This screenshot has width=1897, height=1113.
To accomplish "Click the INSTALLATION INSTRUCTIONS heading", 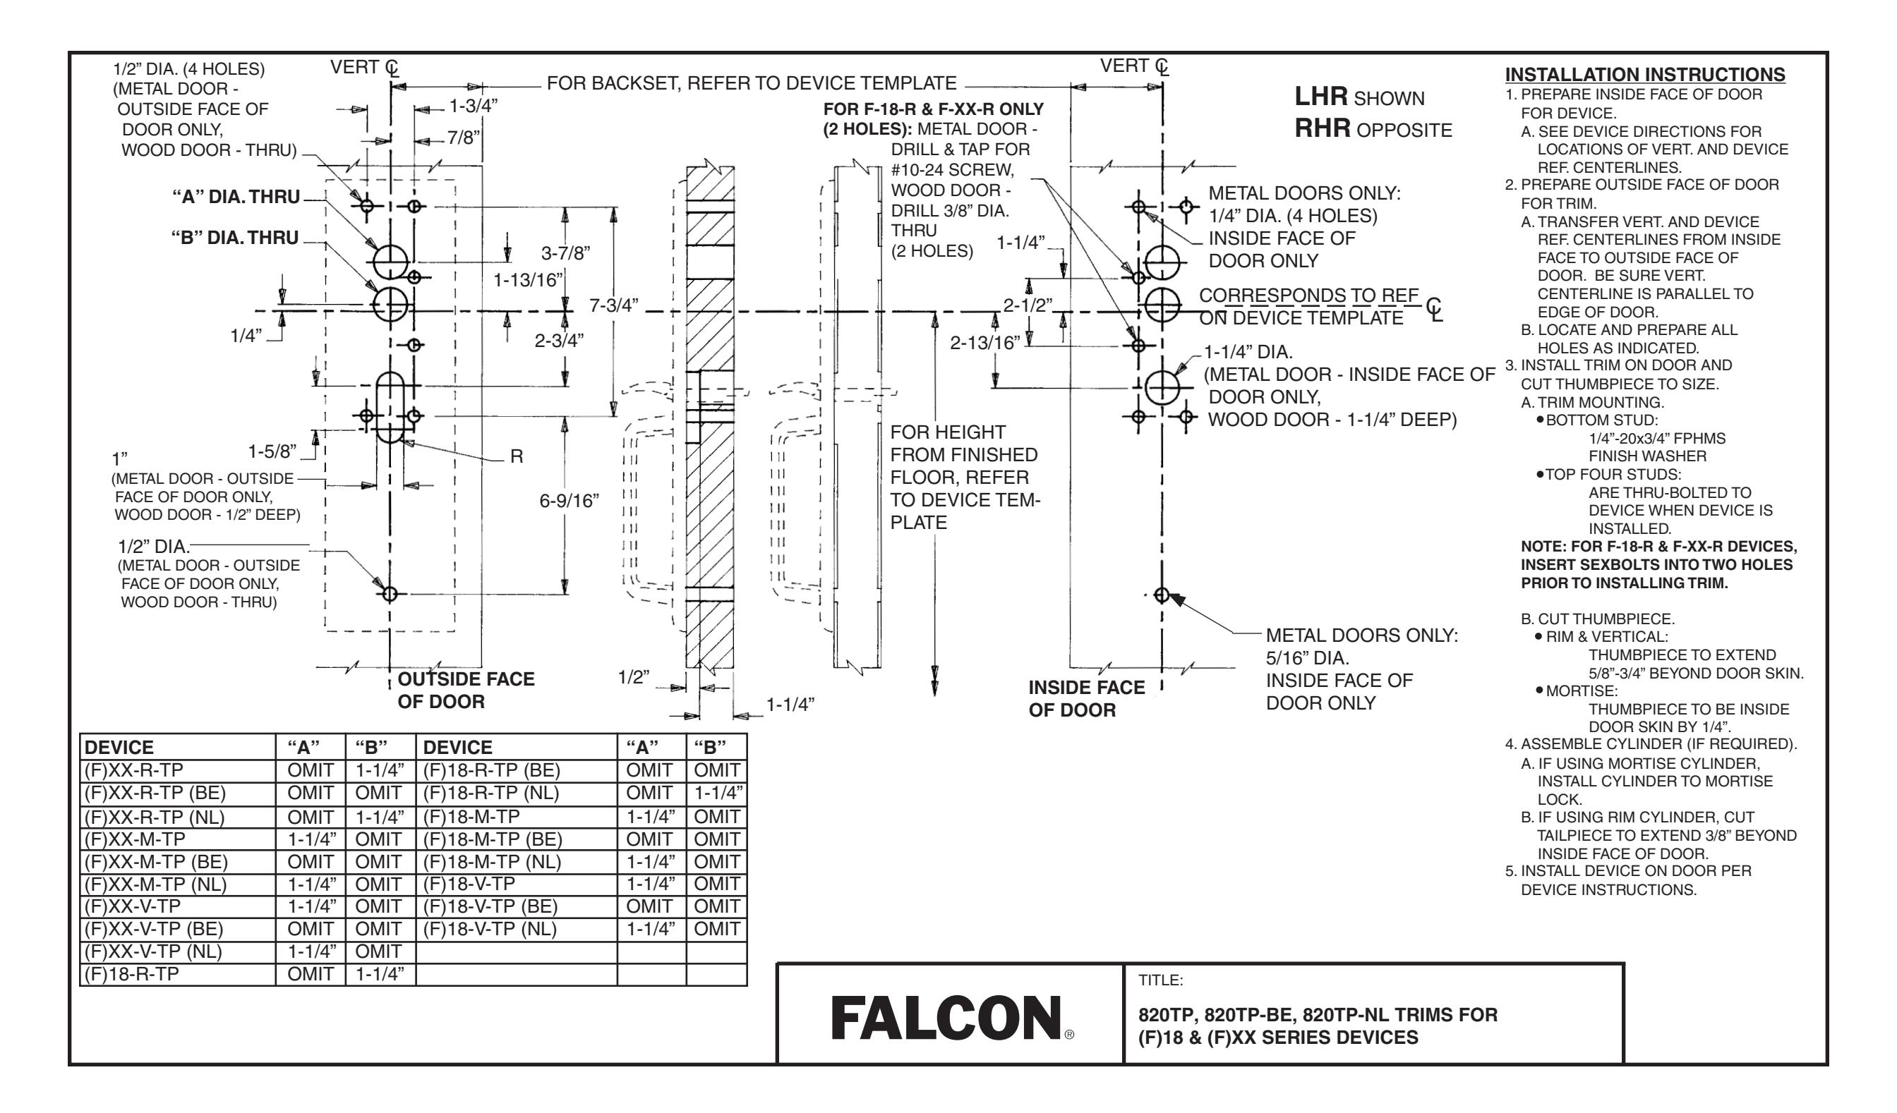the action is pyautogui.click(x=1645, y=75).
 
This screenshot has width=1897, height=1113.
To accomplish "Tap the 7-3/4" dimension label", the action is pyautogui.click(x=613, y=305).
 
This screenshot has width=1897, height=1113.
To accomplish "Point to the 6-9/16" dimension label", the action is pyautogui.click(x=569, y=501).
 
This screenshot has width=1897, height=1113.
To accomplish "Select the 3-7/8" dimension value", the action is pyautogui.click(x=565, y=252).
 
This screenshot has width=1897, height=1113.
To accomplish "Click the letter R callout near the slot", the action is pyautogui.click(x=517, y=456).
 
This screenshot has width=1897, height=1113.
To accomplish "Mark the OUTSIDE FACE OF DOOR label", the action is pyautogui.click(x=465, y=690).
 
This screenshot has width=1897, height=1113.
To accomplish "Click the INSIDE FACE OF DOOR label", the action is pyautogui.click(x=1086, y=698).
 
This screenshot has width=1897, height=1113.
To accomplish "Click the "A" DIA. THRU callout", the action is pyautogui.click(x=236, y=197).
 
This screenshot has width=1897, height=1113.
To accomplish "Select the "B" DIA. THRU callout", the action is pyautogui.click(x=235, y=238).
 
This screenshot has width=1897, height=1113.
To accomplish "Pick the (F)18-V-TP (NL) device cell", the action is pyautogui.click(x=490, y=929).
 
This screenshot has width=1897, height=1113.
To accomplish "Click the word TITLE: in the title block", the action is pyautogui.click(x=1161, y=980).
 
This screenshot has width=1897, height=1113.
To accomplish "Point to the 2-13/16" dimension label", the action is pyautogui.click(x=984, y=343).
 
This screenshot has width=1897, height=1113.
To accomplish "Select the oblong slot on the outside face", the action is pyautogui.click(x=391, y=407).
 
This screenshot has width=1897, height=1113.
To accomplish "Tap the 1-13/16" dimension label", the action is pyautogui.click(x=529, y=281).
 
